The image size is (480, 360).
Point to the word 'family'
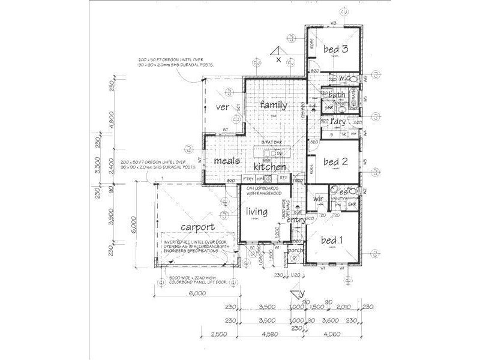click(274, 105)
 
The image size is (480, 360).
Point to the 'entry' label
click(296, 221)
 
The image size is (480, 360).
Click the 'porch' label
click(295, 251)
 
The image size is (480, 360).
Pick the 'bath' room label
click(337, 95)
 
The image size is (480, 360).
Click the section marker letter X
click(278, 59)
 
